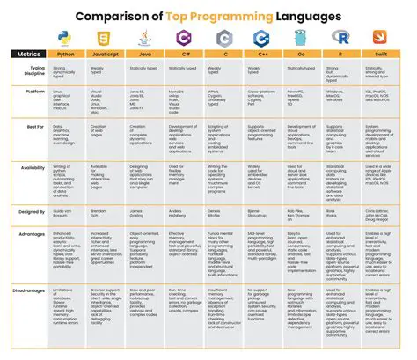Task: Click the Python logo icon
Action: tap(63, 38)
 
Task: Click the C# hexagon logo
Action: tap(183, 38)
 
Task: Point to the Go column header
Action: tap(301, 55)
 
